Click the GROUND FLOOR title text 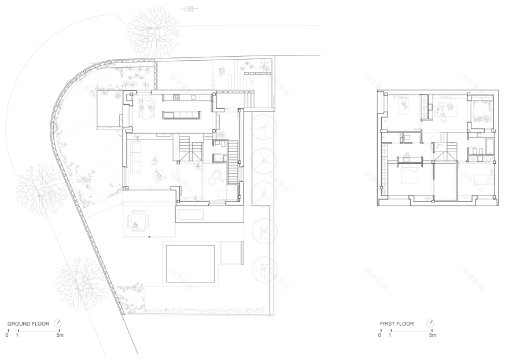[x=28, y=324]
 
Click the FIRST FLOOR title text [x=397, y=324]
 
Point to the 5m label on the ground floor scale [x=60, y=335]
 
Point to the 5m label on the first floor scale [x=432, y=335]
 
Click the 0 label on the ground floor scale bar [x=8, y=335]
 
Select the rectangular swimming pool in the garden [x=190, y=263]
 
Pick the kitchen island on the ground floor [x=182, y=115]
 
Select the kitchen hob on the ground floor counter [x=174, y=97]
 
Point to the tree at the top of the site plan [x=153, y=32]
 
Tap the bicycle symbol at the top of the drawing [x=188, y=9]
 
